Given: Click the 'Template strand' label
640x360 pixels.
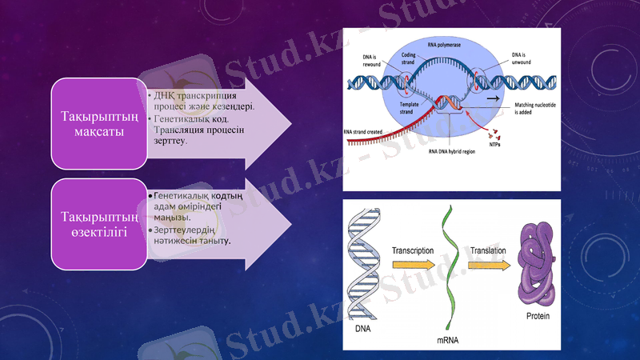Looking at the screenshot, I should click(x=406, y=107).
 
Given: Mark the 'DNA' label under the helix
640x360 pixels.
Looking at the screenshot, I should click(x=362, y=328).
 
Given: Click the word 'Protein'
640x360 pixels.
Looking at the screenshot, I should click(x=538, y=315).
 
